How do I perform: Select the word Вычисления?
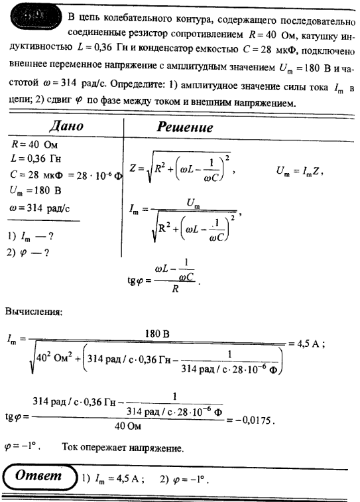(x=33, y=311)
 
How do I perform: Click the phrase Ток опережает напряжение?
(x=123, y=449)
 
